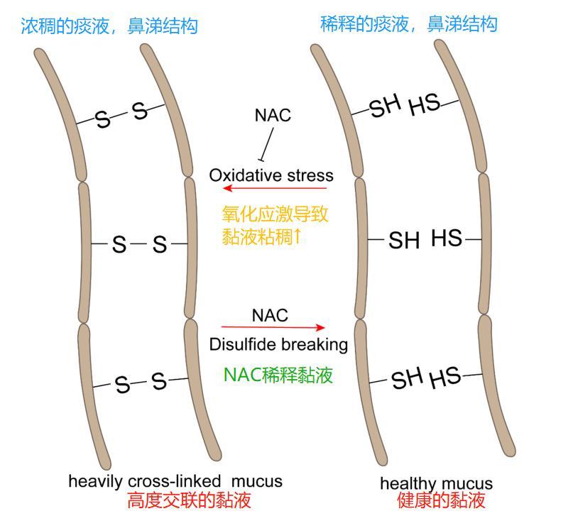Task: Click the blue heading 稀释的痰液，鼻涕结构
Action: click(x=409, y=25)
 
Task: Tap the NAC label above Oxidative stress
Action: click(x=273, y=116)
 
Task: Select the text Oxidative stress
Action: click(x=271, y=175)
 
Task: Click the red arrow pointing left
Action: click(x=274, y=189)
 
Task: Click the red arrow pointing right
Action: click(x=273, y=328)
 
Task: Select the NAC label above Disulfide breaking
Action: click(x=270, y=314)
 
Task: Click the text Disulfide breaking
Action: click(x=278, y=345)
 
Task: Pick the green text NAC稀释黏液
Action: click(x=278, y=375)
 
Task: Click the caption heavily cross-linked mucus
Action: click(x=175, y=481)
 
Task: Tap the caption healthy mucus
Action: click(x=436, y=484)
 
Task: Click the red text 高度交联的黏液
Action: click(x=190, y=501)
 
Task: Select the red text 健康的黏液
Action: click(x=441, y=501)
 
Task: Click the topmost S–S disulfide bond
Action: click(x=121, y=115)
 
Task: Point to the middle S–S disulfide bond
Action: click(x=139, y=245)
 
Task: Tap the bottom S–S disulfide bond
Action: click(x=140, y=383)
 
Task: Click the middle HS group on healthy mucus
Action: click(x=447, y=239)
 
